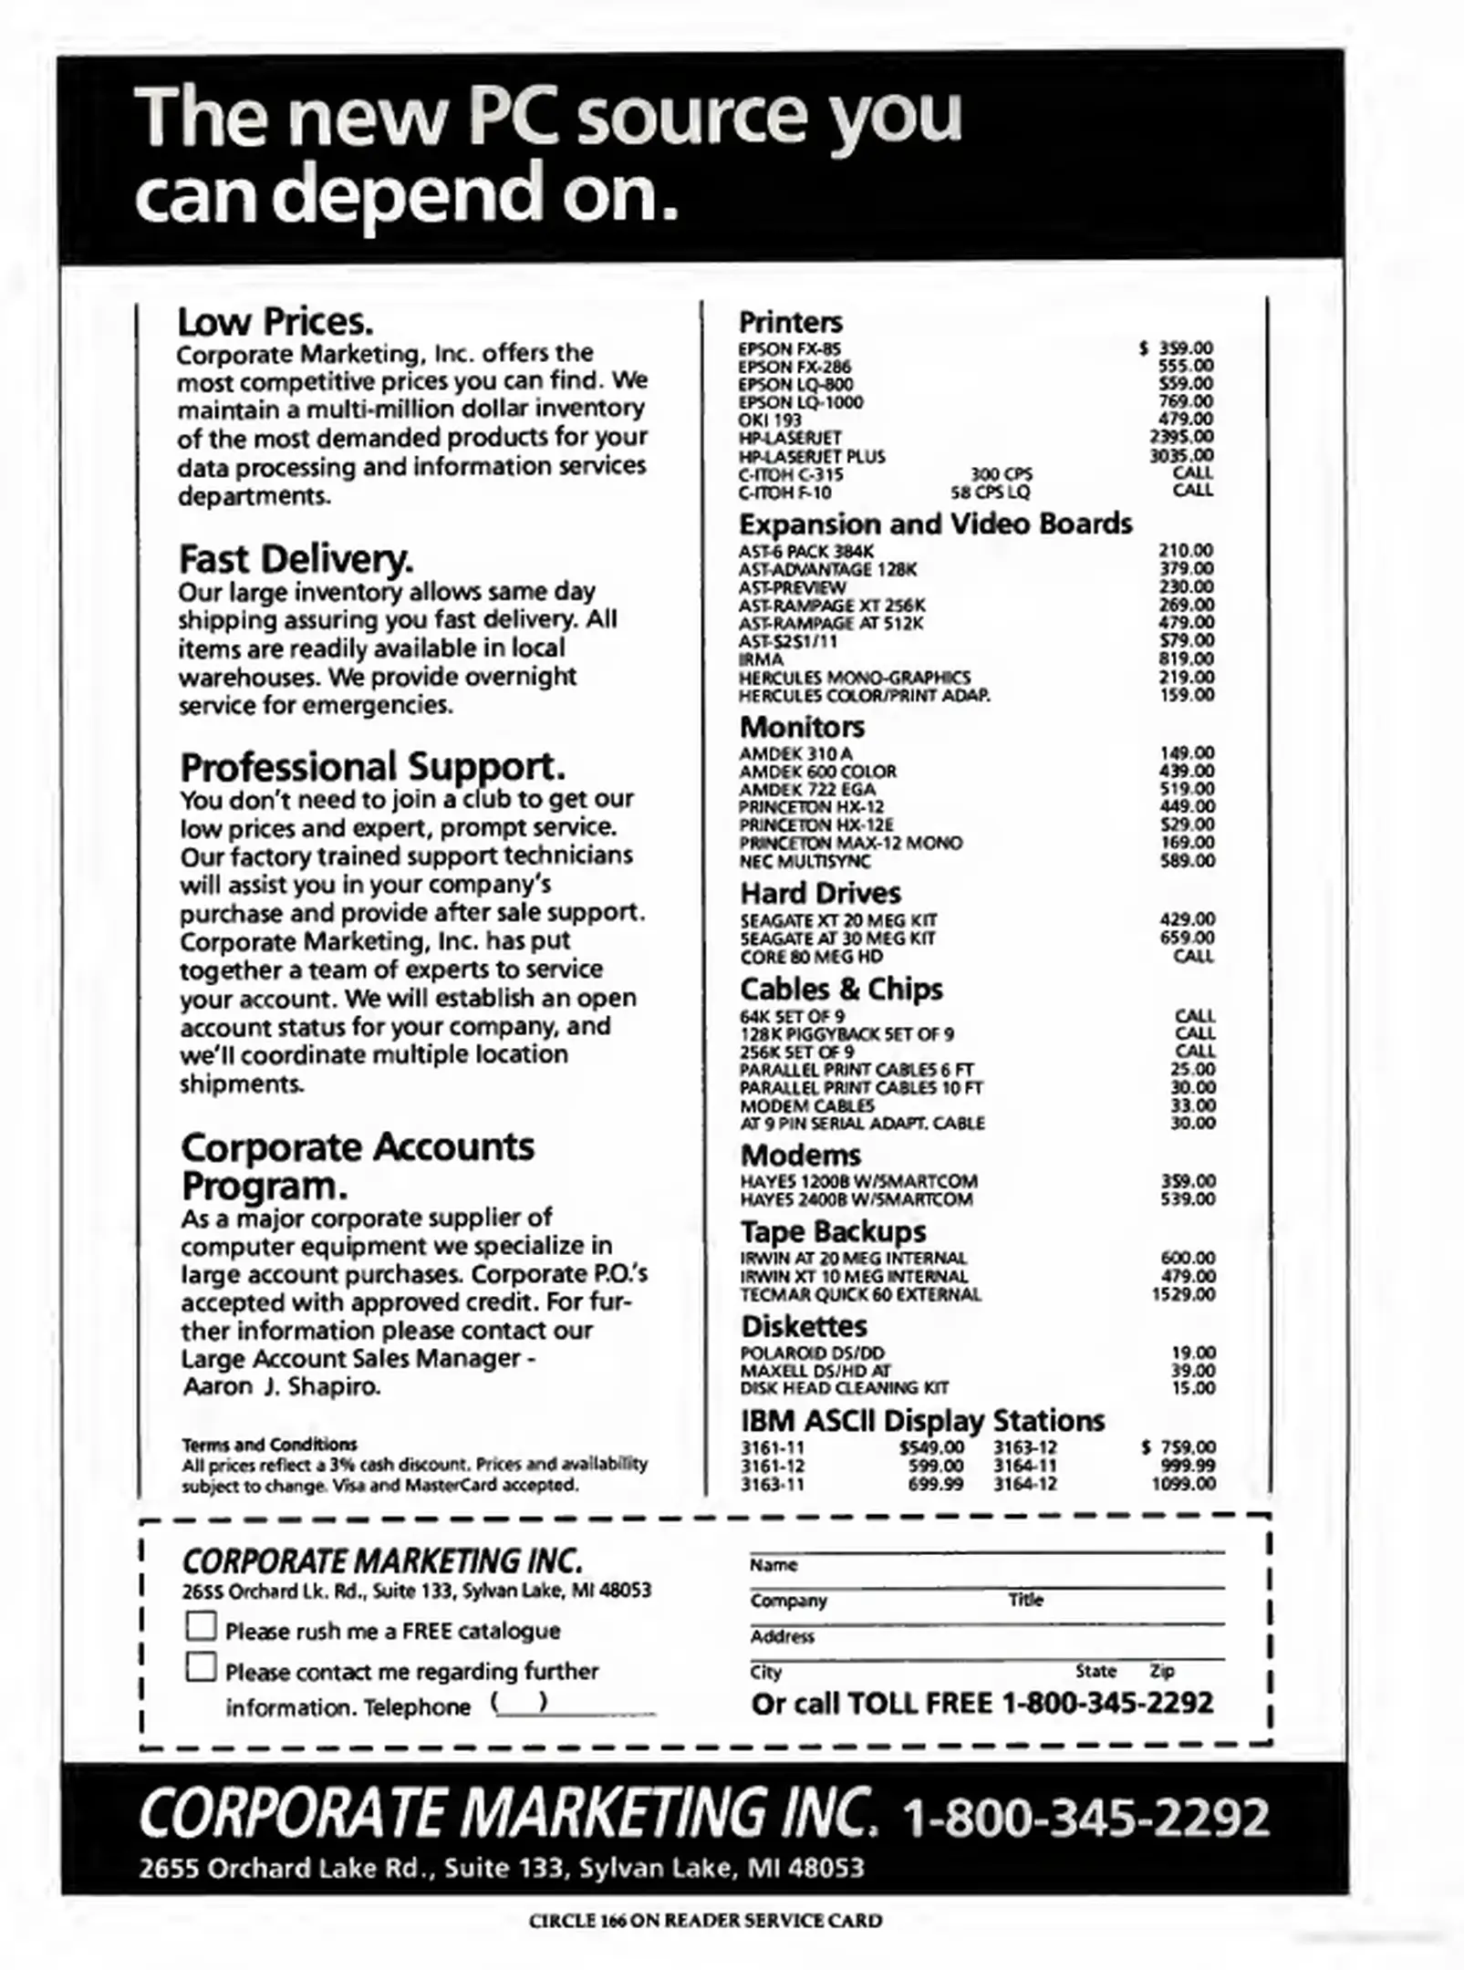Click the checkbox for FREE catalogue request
pos(201,1626)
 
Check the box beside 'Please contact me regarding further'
pos(201,1667)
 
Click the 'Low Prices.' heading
pos(275,321)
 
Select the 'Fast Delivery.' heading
pos(296,558)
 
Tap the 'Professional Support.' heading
pos(372,766)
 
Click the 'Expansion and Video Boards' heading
pos(935,524)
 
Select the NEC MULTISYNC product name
pos(805,861)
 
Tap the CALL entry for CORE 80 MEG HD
pos(1193,956)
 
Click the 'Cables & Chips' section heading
pos(841,989)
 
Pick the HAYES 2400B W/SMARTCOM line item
pos(856,1199)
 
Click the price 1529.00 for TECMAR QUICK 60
pos(1183,1294)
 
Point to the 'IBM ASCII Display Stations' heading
pos(922,1420)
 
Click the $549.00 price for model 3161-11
pos(930,1447)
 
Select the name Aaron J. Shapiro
pos(282,1386)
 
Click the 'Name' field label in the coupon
pos(774,1565)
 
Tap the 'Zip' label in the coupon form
pos(1162,1671)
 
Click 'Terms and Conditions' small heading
pos(269,1445)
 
